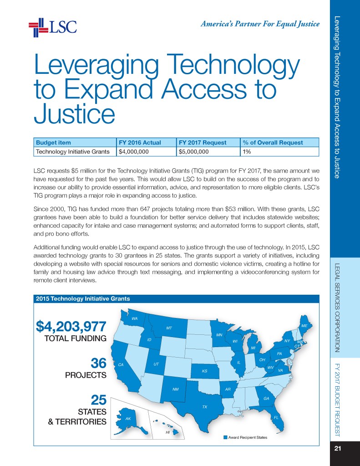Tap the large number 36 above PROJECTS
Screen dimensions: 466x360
pos(98,364)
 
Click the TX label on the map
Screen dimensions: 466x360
pos(205,406)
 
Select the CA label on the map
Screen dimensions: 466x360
pos(121,365)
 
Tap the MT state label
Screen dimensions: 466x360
pos(169,328)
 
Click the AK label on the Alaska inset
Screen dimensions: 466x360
pos(128,418)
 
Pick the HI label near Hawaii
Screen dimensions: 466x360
pos(167,431)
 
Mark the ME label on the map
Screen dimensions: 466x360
pos(304,326)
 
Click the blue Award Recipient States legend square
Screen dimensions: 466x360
pos(225,437)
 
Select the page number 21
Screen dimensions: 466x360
pos(338,449)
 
